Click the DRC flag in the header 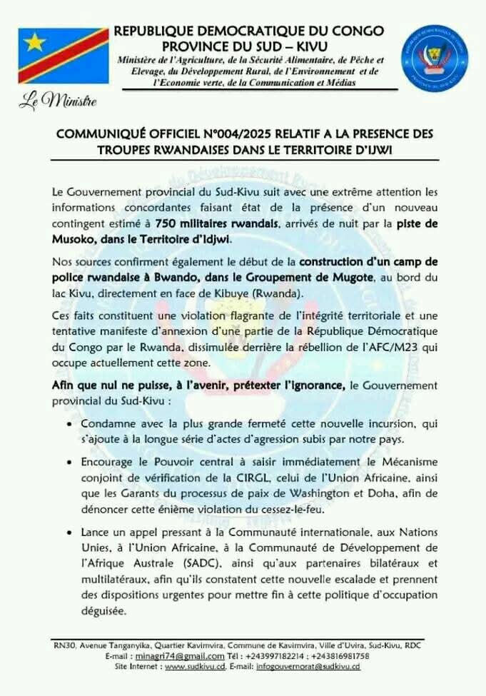pos(63,56)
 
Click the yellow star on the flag pos(35,42)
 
